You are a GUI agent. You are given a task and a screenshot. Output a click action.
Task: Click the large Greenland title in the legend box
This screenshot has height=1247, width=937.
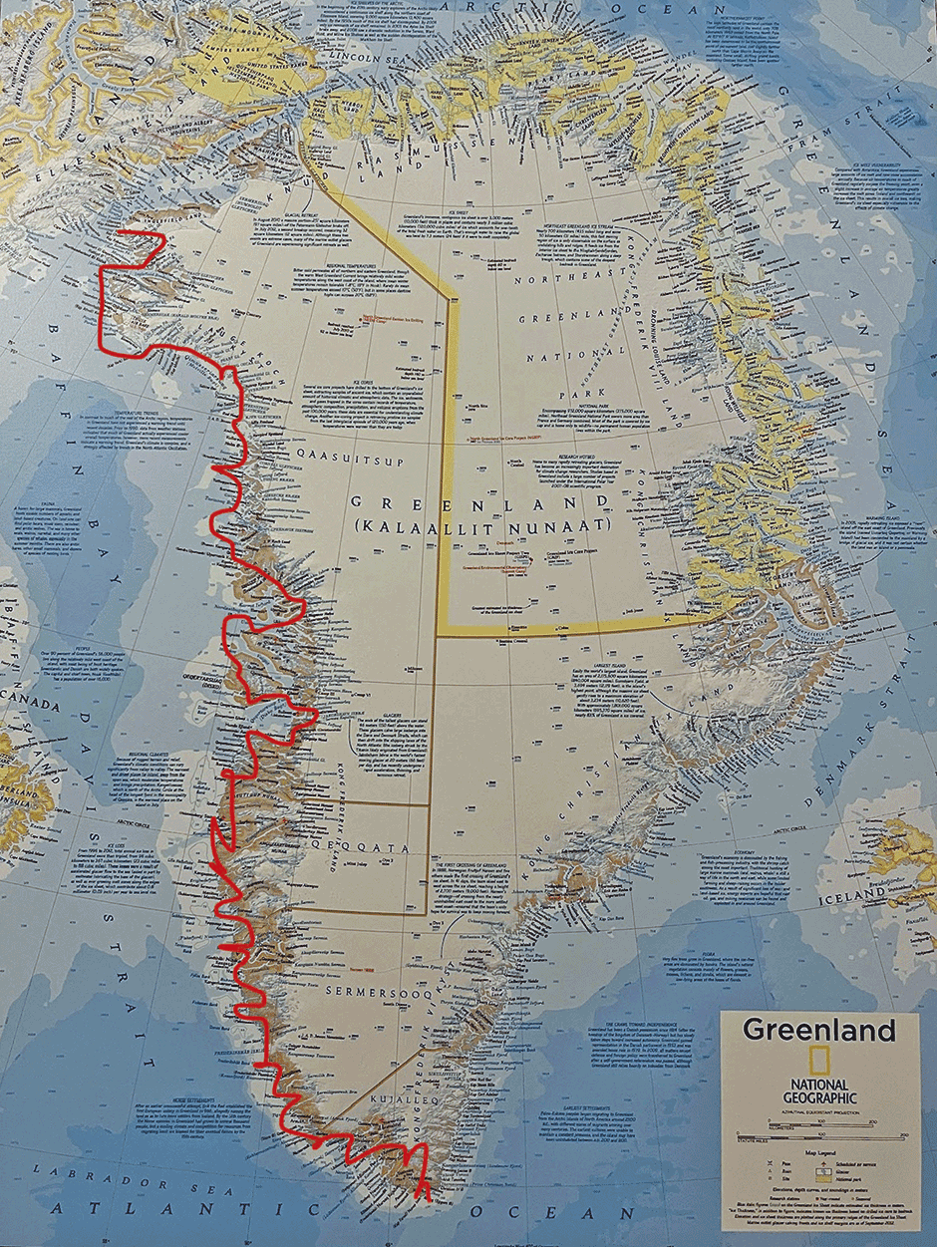(x=818, y=1030)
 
